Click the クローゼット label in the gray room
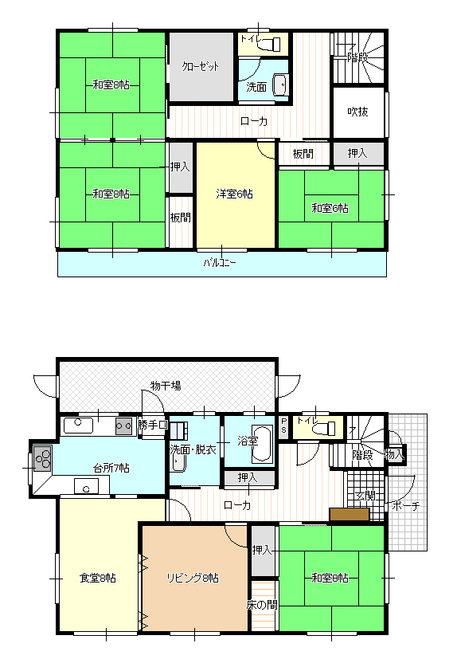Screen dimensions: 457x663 pos(200,66)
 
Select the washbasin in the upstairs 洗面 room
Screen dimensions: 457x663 pos(280,84)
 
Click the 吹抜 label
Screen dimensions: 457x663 pos(357,112)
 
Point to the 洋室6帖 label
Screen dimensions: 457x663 pos(234,194)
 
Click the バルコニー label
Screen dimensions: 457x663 pos(220,263)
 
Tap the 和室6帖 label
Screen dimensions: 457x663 pos(330,208)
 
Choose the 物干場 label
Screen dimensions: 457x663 pos(166,386)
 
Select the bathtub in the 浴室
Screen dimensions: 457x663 pos(262,444)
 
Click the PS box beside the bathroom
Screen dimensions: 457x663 pos(283,426)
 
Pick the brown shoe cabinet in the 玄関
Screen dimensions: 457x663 pos(350,514)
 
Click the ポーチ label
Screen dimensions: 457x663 pos(406,505)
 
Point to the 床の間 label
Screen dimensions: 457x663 pos(262,605)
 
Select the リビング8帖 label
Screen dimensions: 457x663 pos(193,578)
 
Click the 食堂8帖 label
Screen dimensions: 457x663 pos(98,578)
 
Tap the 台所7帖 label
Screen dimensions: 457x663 pos(111,468)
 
